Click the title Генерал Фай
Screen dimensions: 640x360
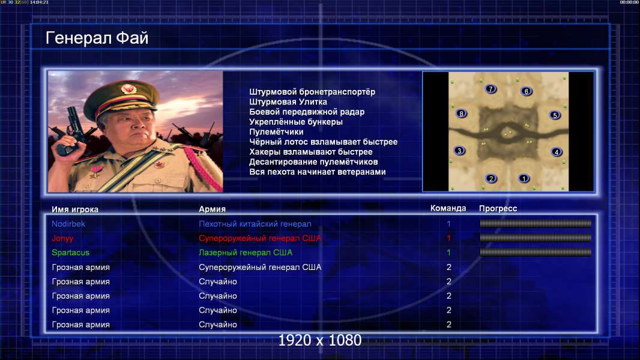(x=97, y=38)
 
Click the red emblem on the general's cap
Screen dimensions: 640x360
(x=128, y=88)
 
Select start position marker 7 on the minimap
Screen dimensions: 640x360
(x=491, y=89)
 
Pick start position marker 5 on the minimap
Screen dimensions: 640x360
(x=555, y=115)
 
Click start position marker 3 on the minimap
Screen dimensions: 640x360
(x=459, y=151)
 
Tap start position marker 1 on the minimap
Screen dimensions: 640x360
(x=524, y=178)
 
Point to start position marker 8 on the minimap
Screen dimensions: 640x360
(x=461, y=114)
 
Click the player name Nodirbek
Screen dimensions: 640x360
(x=68, y=224)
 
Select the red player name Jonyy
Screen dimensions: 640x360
(x=62, y=239)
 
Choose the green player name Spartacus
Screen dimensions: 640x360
(x=71, y=253)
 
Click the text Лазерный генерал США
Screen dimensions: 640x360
(x=246, y=253)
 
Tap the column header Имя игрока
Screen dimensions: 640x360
(x=74, y=209)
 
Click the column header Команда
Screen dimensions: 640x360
(x=448, y=208)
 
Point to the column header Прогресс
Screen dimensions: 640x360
(x=498, y=209)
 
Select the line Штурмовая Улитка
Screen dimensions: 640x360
(x=288, y=102)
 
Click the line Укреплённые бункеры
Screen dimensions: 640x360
(x=296, y=122)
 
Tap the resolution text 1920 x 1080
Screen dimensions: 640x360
(x=320, y=340)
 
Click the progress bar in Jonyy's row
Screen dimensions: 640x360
(x=536, y=238)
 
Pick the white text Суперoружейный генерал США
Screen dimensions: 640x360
(x=260, y=268)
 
